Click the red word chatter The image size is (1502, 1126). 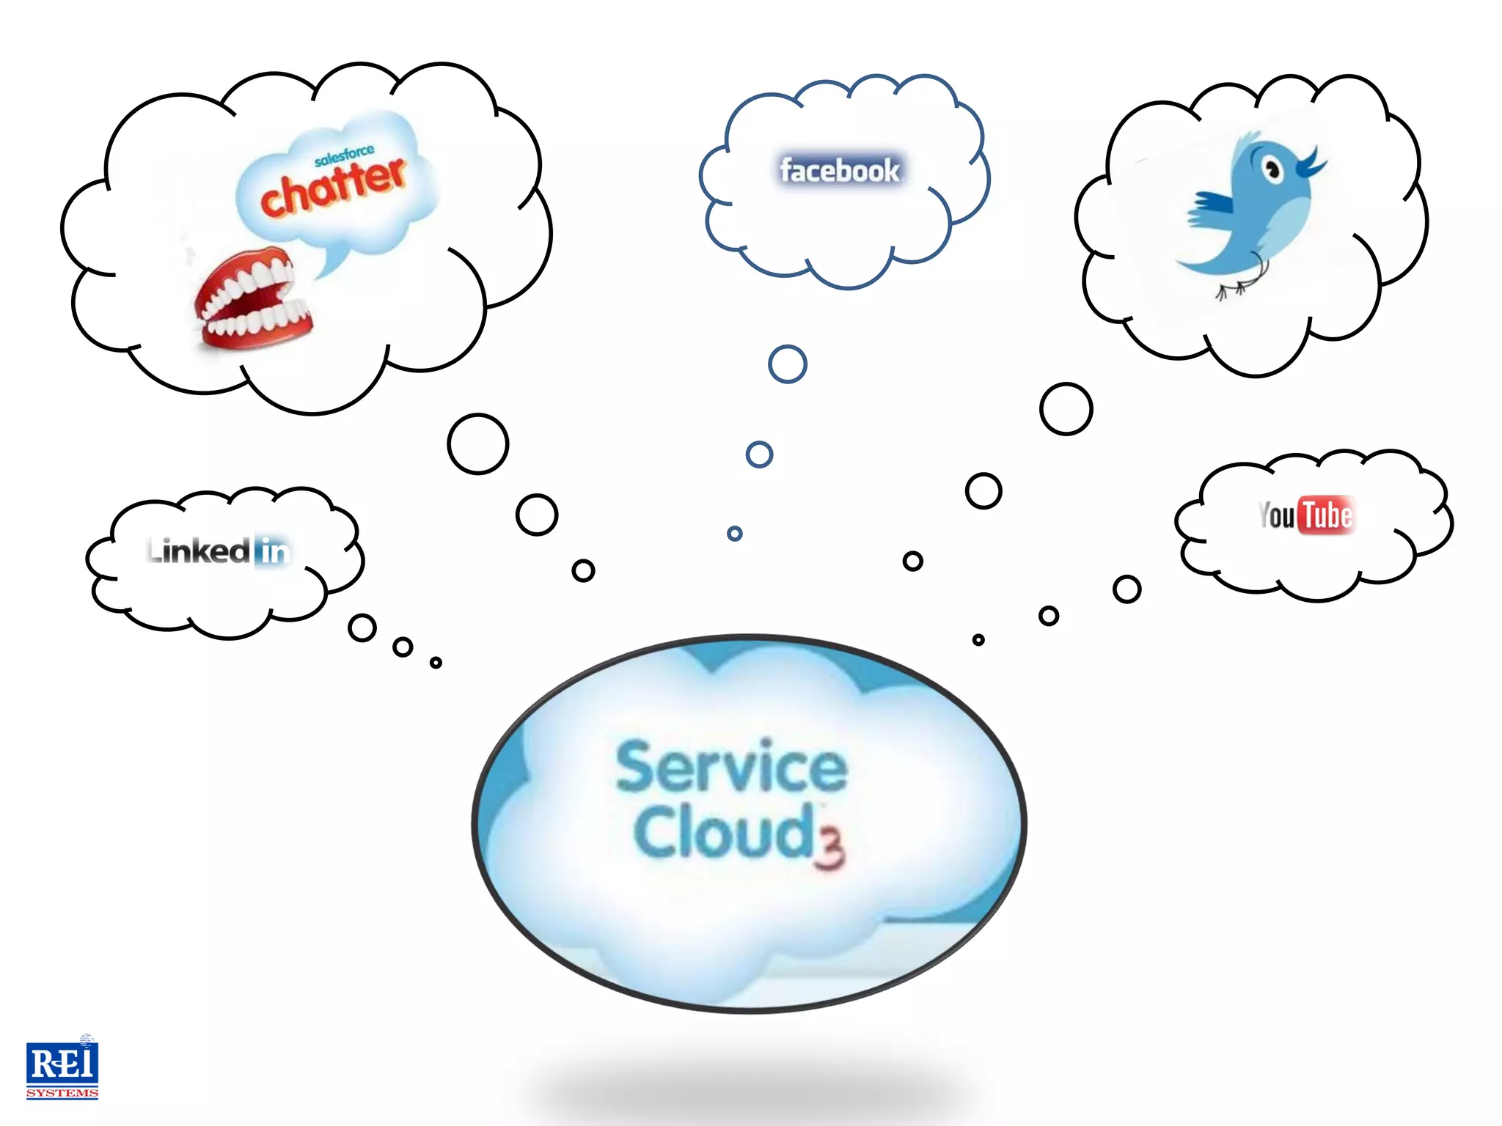point(334,188)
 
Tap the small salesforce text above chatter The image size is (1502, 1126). point(344,155)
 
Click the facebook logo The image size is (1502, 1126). point(840,171)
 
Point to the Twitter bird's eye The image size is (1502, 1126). point(1272,171)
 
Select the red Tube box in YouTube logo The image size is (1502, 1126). point(1326,515)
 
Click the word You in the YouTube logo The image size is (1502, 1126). point(1277,515)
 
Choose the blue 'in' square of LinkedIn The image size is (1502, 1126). point(273,551)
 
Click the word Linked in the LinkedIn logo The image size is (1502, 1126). point(199,551)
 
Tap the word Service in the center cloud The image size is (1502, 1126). point(731,767)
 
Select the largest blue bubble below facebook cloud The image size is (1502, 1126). point(788,364)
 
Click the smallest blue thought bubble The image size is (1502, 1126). point(734,534)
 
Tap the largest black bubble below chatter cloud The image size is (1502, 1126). point(478,444)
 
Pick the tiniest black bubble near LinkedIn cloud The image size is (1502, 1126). point(436,663)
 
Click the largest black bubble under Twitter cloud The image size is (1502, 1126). point(1066,409)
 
